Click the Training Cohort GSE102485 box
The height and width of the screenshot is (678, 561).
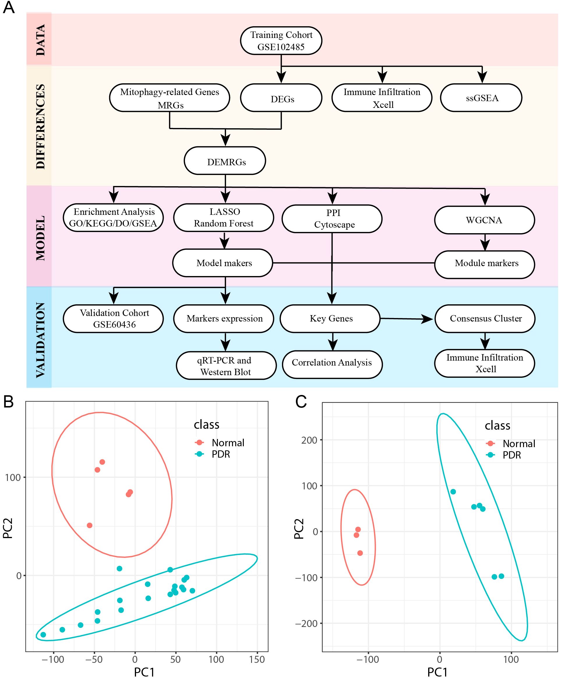click(x=281, y=41)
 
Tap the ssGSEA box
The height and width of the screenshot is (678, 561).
click(x=481, y=98)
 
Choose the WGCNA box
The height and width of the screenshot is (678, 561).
click(x=484, y=220)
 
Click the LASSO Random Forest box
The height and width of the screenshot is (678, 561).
click(x=224, y=218)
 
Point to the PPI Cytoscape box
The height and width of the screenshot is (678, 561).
click(x=332, y=219)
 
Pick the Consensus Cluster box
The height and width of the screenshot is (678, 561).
click(x=485, y=319)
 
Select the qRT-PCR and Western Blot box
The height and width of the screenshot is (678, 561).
click(x=226, y=366)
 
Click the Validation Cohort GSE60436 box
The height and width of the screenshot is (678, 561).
click(x=113, y=319)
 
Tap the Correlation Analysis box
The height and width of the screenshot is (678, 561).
click(x=332, y=363)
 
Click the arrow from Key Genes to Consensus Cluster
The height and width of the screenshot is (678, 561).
click(x=406, y=319)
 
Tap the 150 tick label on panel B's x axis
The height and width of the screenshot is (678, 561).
click(x=257, y=660)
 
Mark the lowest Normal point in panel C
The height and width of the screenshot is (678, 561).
click(x=360, y=553)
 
